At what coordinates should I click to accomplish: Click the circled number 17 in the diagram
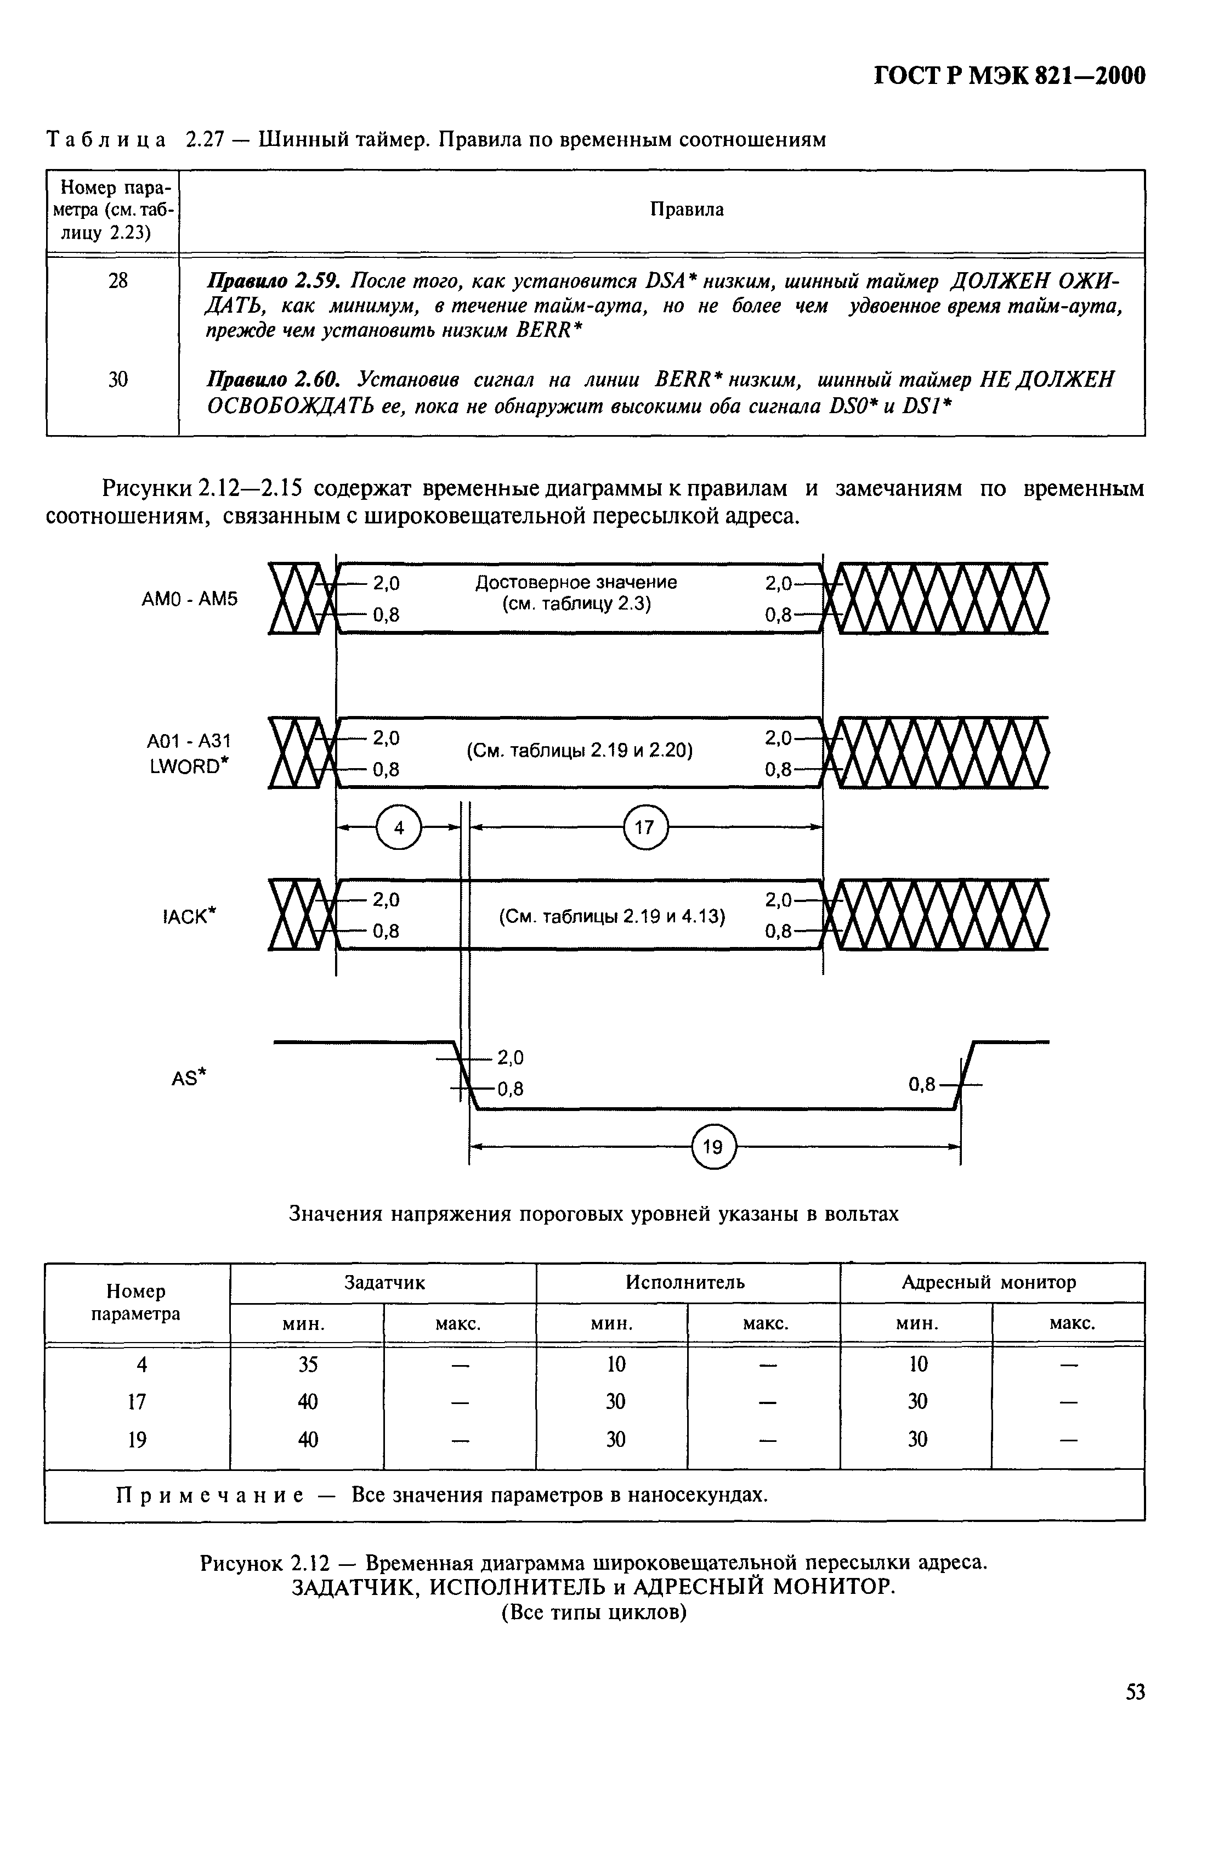(x=644, y=827)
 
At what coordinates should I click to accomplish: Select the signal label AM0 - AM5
(x=190, y=599)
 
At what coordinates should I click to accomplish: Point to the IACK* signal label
(x=189, y=917)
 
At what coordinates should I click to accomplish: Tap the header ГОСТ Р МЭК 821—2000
(x=1010, y=76)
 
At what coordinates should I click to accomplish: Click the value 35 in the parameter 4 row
(x=308, y=1364)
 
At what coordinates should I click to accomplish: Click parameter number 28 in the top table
(x=117, y=280)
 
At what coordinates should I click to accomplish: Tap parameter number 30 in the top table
(x=117, y=379)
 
